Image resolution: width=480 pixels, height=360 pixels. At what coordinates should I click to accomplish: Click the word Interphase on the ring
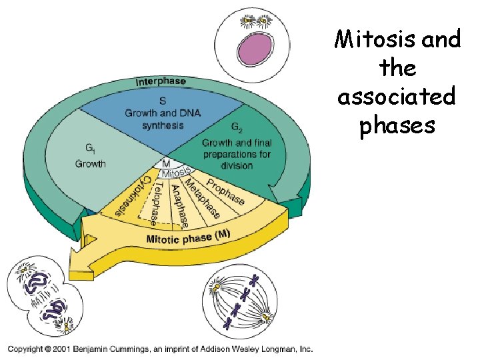click(x=161, y=82)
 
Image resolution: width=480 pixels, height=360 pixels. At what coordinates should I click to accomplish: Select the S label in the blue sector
click(x=163, y=101)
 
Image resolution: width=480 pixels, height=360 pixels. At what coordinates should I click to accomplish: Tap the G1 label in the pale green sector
click(x=89, y=149)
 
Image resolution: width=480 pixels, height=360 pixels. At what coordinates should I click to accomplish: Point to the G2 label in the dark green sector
click(x=237, y=127)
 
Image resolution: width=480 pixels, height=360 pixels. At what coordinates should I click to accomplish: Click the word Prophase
click(x=225, y=190)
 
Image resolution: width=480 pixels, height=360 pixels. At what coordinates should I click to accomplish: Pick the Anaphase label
click(x=179, y=204)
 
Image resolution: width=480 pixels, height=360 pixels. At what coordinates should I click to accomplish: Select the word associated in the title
click(x=397, y=97)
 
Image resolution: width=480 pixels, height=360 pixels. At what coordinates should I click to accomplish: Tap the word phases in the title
click(x=397, y=125)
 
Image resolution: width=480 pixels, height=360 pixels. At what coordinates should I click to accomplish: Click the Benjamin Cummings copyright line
click(x=160, y=348)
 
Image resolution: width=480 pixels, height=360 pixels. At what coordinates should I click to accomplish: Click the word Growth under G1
click(x=90, y=163)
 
